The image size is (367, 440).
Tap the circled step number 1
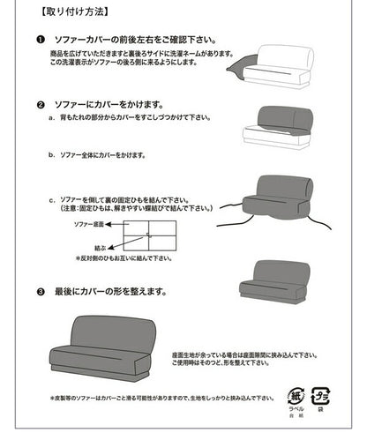point(41,41)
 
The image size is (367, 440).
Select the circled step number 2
point(41,103)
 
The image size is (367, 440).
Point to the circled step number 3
point(41,290)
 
